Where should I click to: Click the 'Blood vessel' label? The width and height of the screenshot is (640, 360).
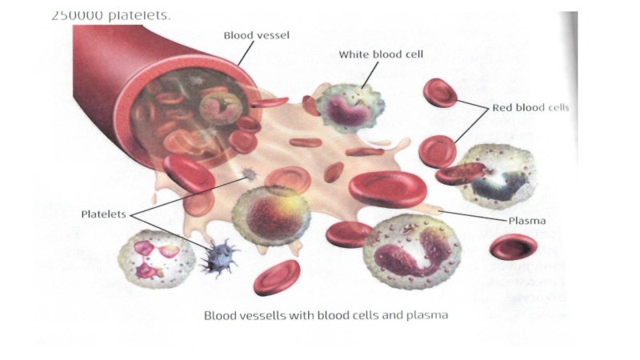pyautogui.click(x=256, y=34)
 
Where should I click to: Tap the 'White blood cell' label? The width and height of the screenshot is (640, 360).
pyautogui.click(x=381, y=54)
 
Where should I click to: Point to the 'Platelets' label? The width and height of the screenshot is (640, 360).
pyautogui.click(x=105, y=214)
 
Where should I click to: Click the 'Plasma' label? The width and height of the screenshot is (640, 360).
pyautogui.click(x=527, y=219)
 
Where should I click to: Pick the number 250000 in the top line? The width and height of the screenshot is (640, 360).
pyautogui.click(x=80, y=15)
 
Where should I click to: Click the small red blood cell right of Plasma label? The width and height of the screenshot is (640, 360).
pyautogui.click(x=513, y=246)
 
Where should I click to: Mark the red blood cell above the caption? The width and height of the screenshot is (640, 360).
pyautogui.click(x=277, y=278)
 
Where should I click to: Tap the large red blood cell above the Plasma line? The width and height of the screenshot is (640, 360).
pyautogui.click(x=390, y=190)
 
